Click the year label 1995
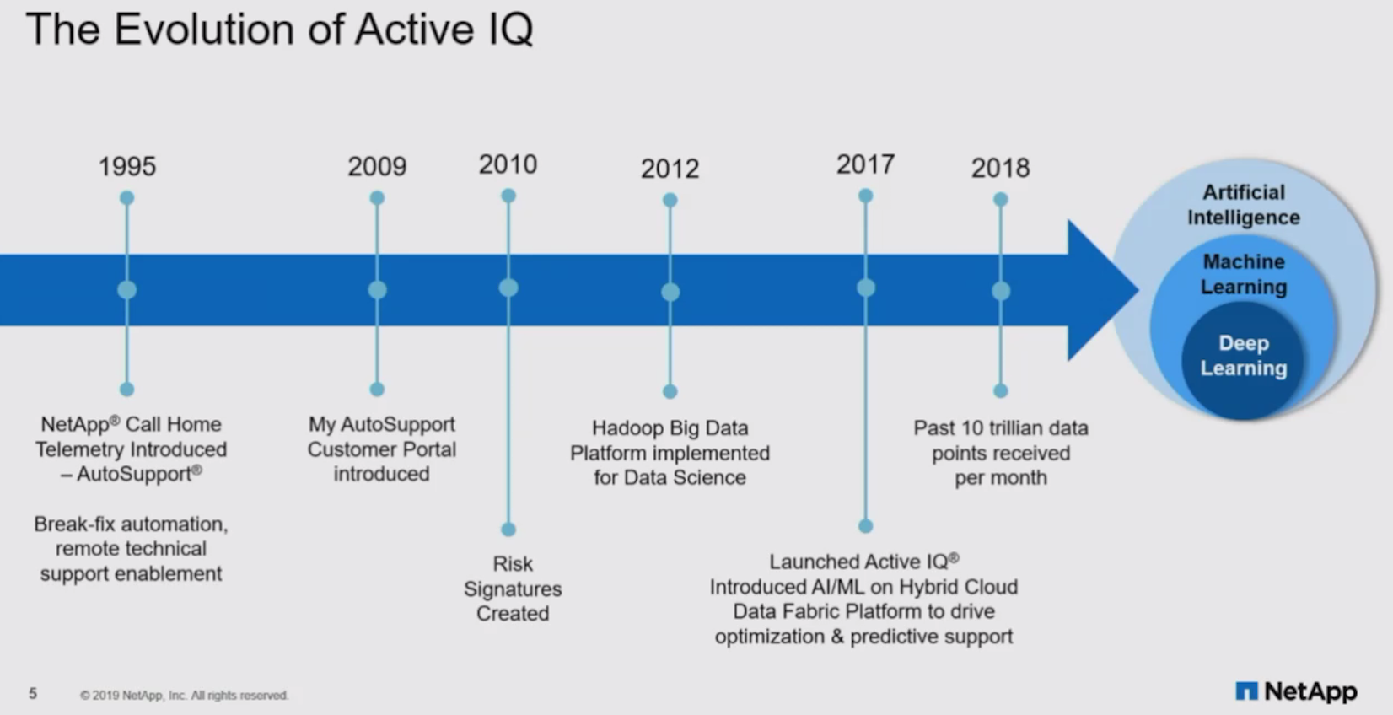tap(127, 166)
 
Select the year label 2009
tap(377, 166)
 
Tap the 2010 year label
tap(508, 164)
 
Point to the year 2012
tap(670, 169)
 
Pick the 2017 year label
tap(865, 164)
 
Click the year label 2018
tap(1000, 168)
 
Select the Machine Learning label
tap(1243, 274)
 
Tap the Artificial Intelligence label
tap(1243, 205)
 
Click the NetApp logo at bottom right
tap(1296, 691)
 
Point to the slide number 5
tap(33, 693)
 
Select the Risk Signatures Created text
tap(513, 589)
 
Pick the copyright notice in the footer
tap(184, 696)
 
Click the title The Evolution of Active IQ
tap(279, 30)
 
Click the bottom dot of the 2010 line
tap(508, 530)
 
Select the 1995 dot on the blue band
tap(127, 290)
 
